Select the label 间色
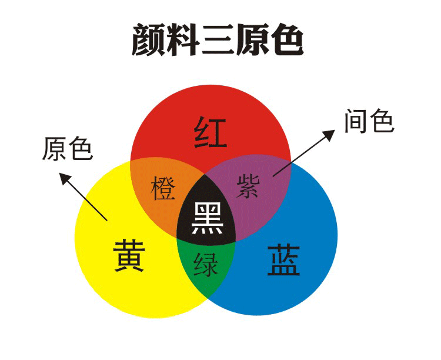click(368, 122)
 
